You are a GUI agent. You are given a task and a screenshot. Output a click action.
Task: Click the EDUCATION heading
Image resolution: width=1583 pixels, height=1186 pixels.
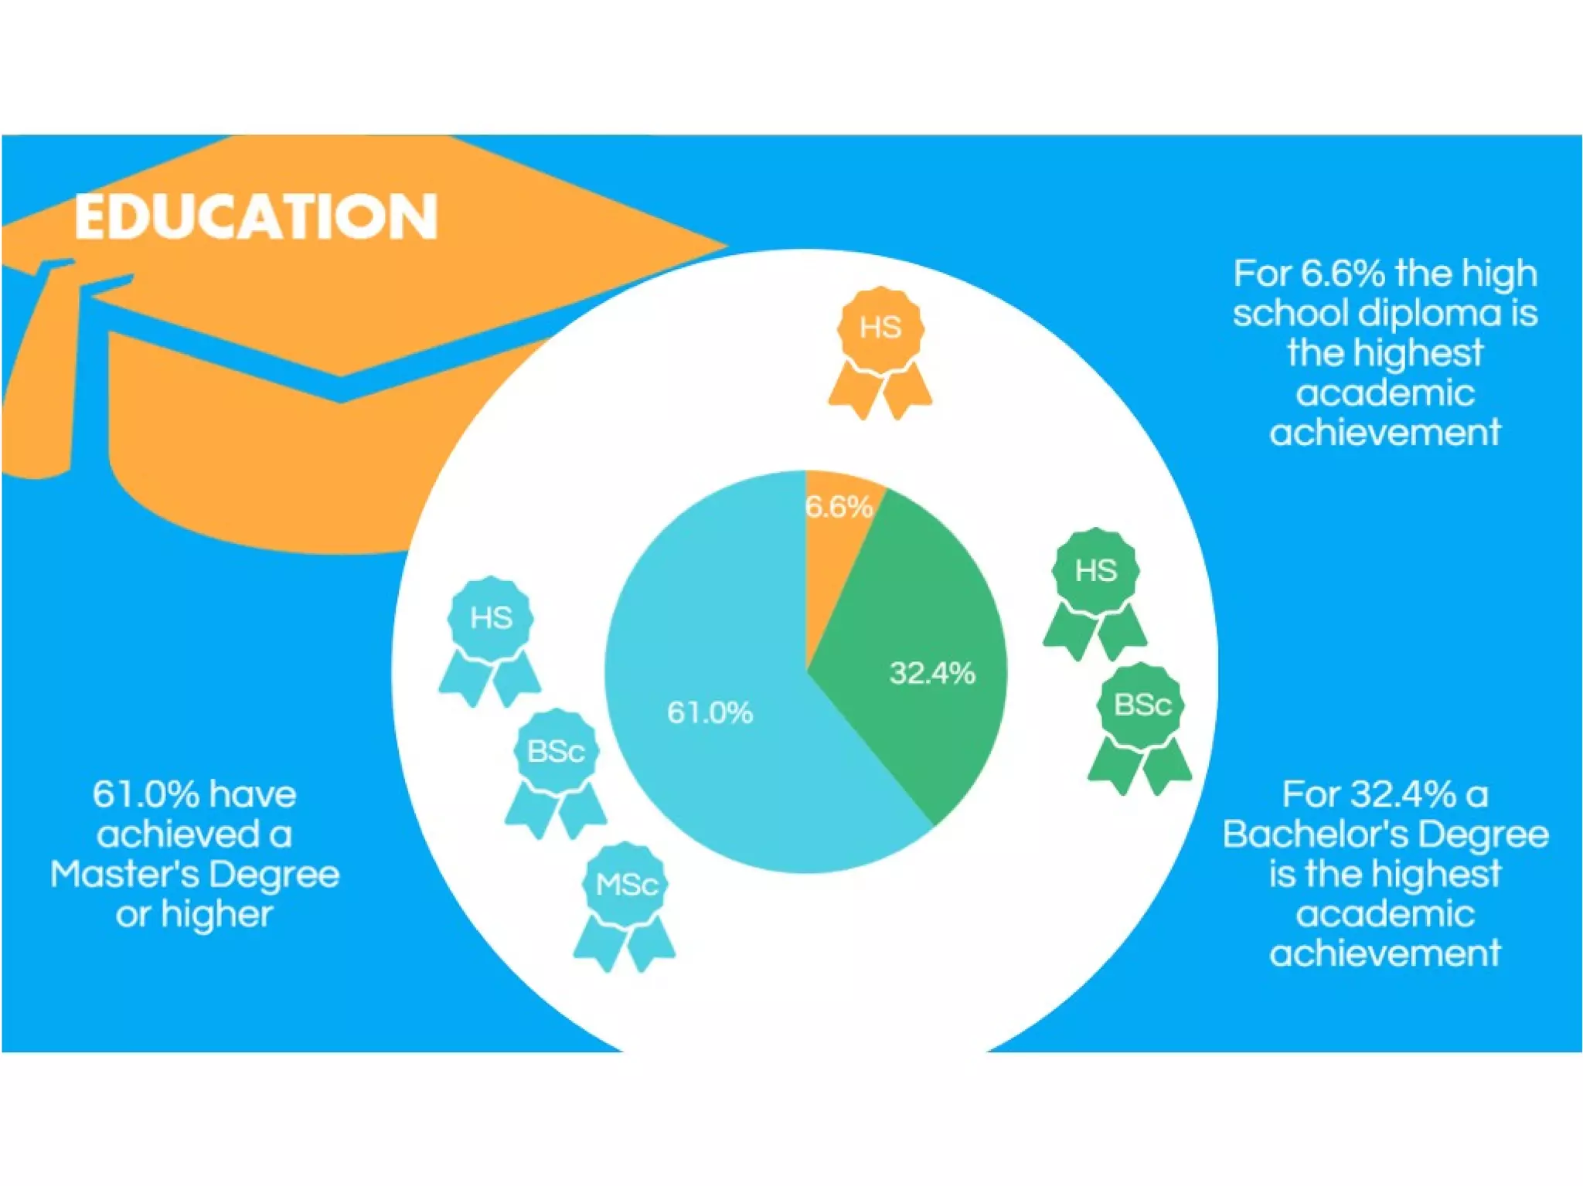click(x=256, y=216)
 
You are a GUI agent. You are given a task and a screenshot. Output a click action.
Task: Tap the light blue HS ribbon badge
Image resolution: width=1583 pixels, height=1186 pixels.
click(x=491, y=637)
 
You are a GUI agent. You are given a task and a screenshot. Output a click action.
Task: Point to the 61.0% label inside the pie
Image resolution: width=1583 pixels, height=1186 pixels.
click(x=710, y=712)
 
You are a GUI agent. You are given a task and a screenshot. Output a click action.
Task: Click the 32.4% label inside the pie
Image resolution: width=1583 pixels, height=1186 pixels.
click(x=932, y=673)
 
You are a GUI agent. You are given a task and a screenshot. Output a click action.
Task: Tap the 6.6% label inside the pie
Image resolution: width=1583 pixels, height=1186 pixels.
click(x=839, y=507)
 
